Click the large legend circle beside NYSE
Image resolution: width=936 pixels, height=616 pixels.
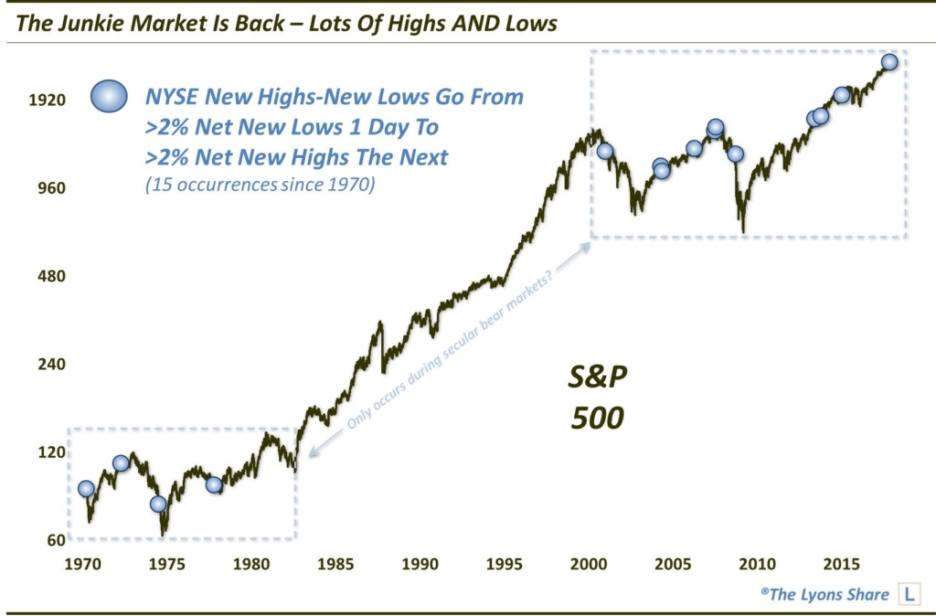(109, 96)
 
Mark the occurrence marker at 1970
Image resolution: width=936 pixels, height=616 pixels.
(86, 489)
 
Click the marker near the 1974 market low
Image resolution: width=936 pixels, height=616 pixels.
(158, 504)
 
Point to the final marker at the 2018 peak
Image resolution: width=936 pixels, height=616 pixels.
(889, 62)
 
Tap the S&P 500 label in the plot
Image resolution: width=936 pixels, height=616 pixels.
(598, 398)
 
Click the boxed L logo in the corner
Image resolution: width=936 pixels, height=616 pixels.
(909, 595)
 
